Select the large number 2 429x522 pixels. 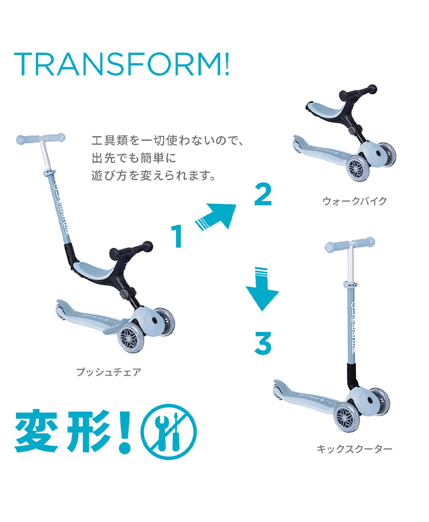pyautogui.click(x=263, y=194)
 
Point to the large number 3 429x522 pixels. pyautogui.click(x=263, y=343)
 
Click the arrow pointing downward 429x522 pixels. pyautogui.click(x=262, y=288)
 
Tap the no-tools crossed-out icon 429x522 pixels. pyautogui.click(x=169, y=432)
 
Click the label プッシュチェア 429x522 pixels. pyautogui.click(x=109, y=372)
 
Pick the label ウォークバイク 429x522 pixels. pyautogui.click(x=354, y=200)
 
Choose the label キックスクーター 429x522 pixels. pyautogui.click(x=354, y=449)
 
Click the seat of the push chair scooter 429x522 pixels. pyautogui.click(x=94, y=268)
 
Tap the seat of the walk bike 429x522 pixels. pyautogui.click(x=323, y=109)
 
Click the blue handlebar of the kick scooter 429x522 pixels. pyautogui.click(x=349, y=244)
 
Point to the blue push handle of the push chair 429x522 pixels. pyautogui.click(x=41, y=138)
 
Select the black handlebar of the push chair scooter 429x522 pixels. pyautogui.click(x=131, y=250)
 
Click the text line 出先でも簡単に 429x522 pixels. pyautogui.click(x=134, y=158)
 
